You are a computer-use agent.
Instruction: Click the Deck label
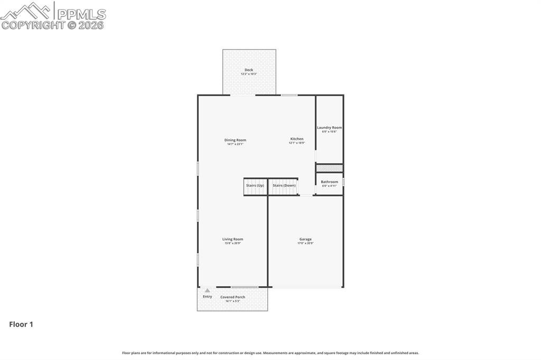pos(249,70)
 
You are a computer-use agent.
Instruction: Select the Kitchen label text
pos(297,139)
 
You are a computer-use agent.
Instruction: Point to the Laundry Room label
pos(329,127)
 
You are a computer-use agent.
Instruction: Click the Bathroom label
pos(329,182)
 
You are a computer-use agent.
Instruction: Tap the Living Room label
pos(232,239)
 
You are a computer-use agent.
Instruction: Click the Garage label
pos(305,239)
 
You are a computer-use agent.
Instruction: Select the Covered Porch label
pos(232,297)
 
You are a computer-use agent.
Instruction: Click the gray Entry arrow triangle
pos(208,290)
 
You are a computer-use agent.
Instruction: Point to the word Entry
pos(208,297)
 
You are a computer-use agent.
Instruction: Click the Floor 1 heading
pos(21,325)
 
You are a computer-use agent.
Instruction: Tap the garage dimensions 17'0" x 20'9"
pos(305,243)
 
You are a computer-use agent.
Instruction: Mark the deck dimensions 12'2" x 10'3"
pos(249,74)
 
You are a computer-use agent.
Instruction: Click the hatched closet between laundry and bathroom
pos(329,168)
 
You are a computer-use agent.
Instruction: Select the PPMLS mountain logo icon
pos(26,11)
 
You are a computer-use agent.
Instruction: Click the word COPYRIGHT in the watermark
pos(33,25)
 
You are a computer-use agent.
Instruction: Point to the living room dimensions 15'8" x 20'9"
pos(232,243)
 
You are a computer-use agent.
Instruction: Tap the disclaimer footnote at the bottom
pos(270,353)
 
